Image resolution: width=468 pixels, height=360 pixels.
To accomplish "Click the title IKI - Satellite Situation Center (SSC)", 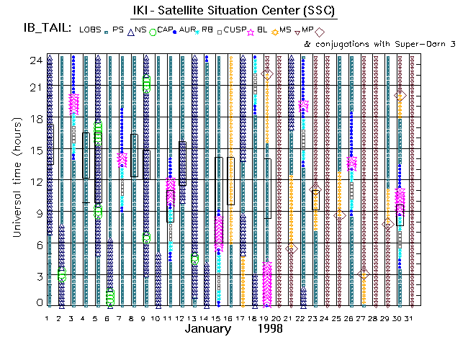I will (x=234, y=12).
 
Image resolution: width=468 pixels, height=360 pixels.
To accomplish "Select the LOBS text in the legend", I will (x=89, y=30).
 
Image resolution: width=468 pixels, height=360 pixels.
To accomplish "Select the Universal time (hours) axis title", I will (x=15, y=180).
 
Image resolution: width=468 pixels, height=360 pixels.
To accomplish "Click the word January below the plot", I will (x=208, y=329).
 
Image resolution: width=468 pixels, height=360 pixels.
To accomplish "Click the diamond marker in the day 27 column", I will (x=364, y=274).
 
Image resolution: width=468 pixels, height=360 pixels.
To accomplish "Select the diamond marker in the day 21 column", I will (x=291, y=248).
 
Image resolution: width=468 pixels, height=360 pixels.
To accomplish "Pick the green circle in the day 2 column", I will (x=62, y=274).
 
